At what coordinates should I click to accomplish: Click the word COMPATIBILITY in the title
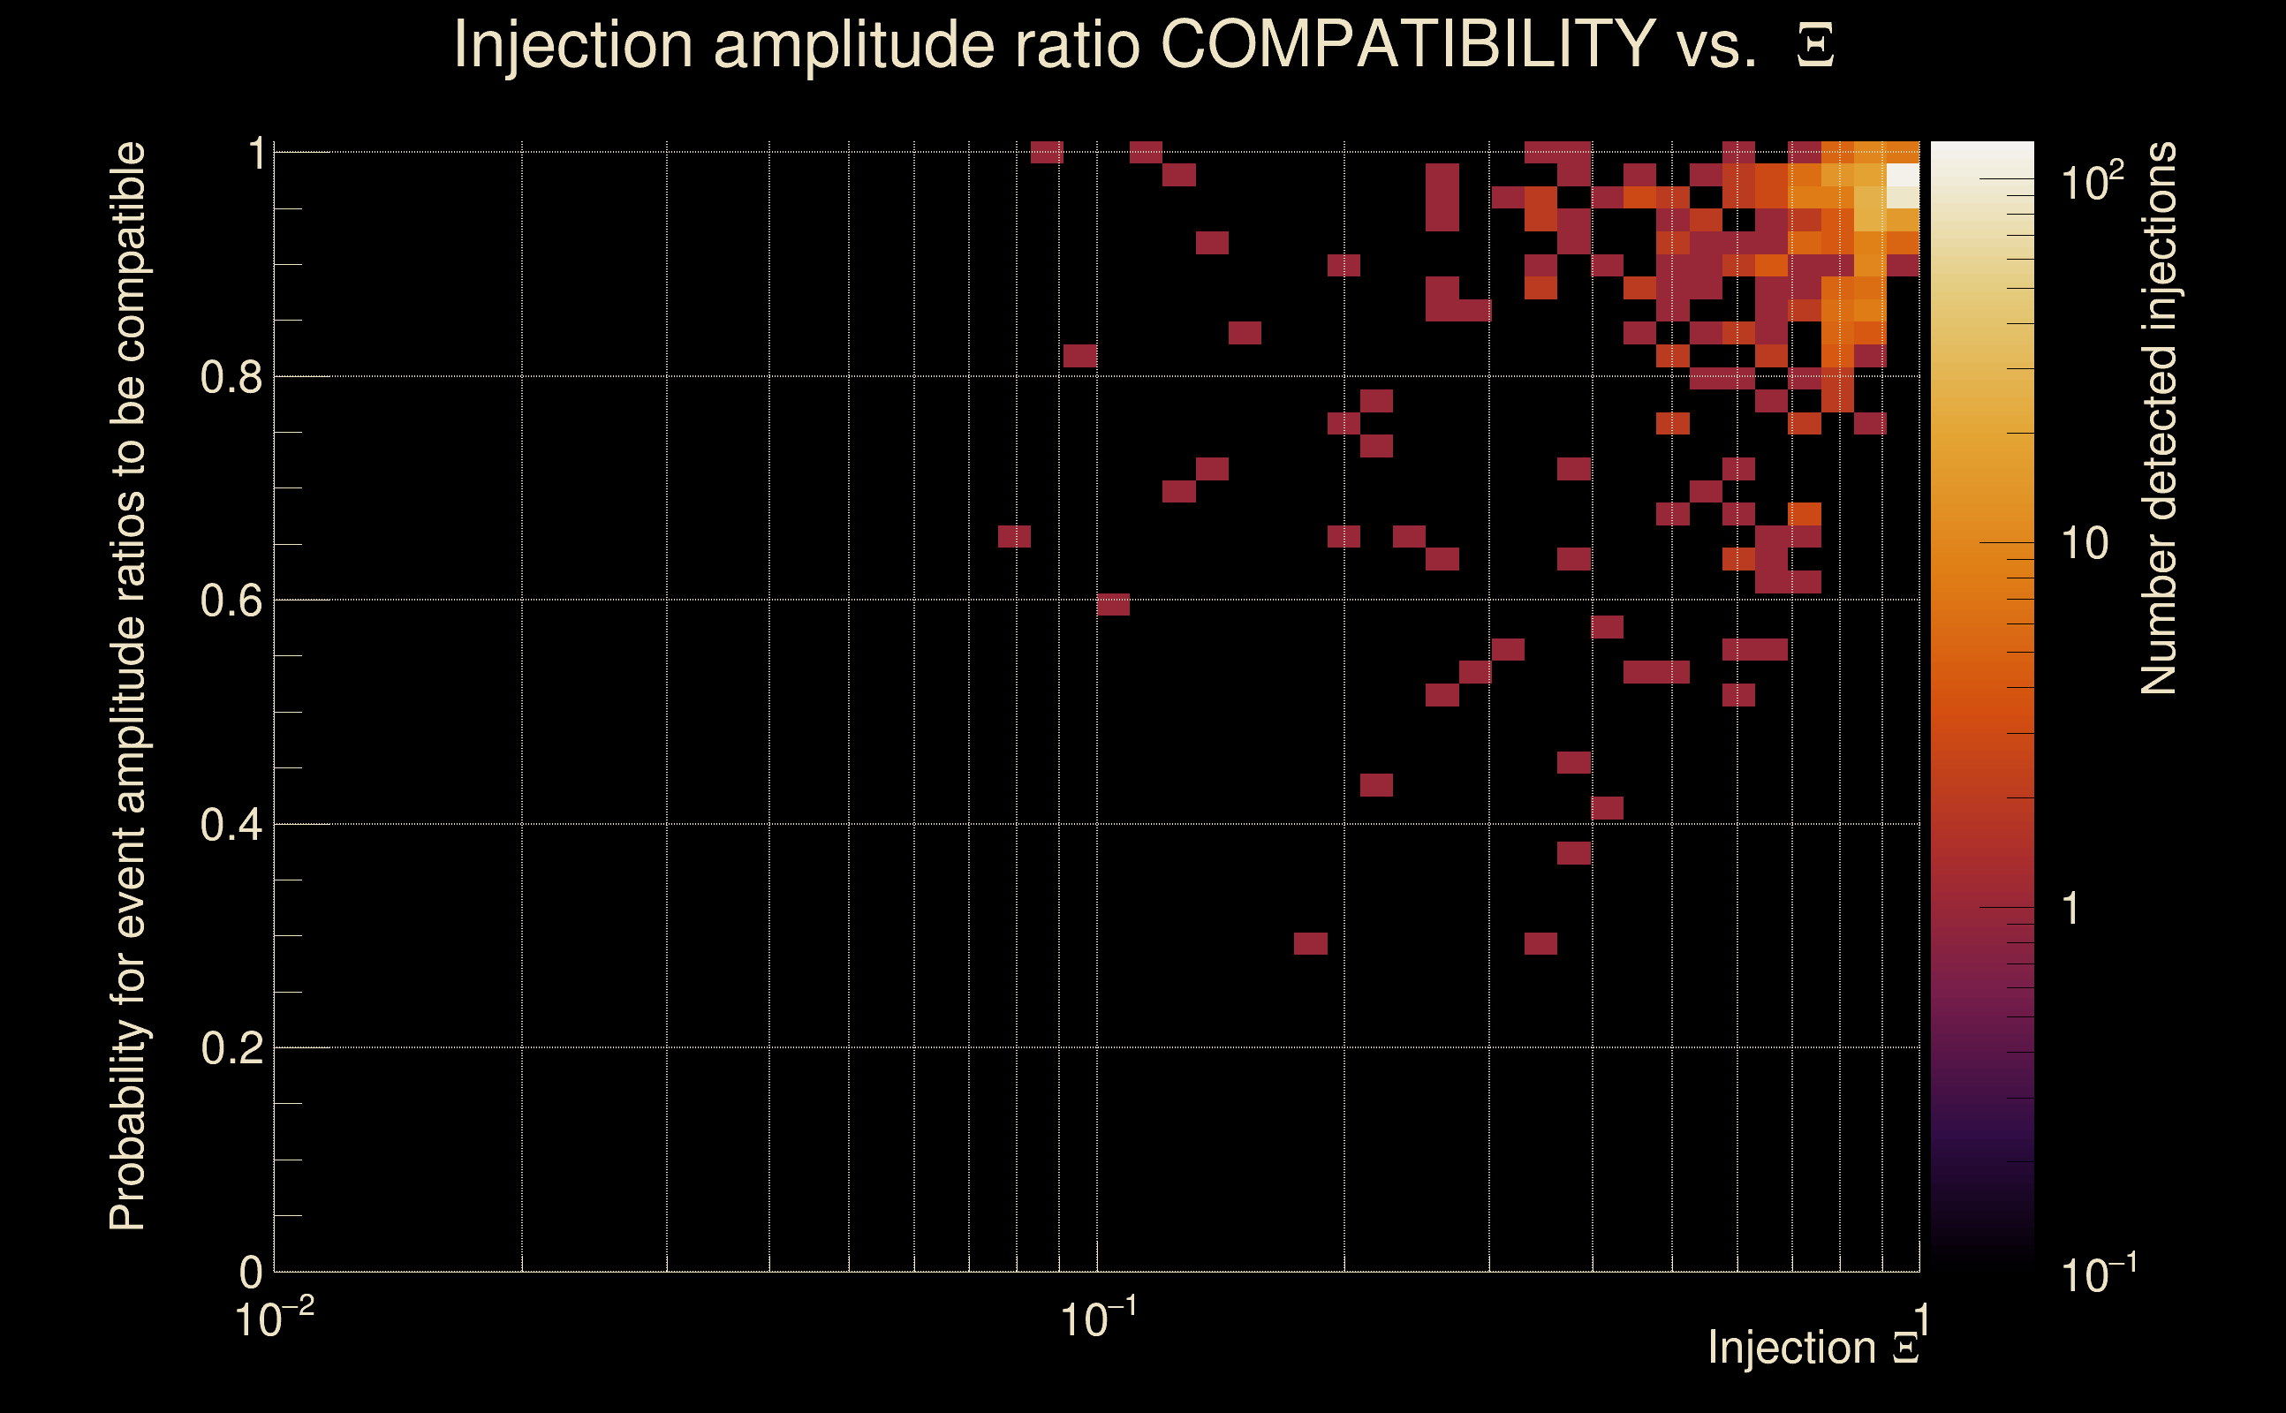coord(1407,44)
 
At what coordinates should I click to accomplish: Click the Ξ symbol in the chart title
coord(1815,46)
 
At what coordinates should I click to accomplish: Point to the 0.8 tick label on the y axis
coord(231,378)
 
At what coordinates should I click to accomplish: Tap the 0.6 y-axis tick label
coord(231,601)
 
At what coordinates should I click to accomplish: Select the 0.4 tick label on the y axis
coord(231,825)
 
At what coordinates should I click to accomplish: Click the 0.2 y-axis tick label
coord(231,1048)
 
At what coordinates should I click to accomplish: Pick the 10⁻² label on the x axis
coord(274,1318)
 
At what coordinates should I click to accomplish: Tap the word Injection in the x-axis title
coord(1791,1348)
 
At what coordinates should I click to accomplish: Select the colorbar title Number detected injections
coord(2158,418)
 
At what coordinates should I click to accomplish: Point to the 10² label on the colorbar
coord(2092,181)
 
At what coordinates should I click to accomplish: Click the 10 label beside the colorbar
coord(2084,543)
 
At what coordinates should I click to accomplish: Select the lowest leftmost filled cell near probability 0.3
coord(1310,944)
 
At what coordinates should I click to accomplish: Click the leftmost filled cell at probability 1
coord(1047,152)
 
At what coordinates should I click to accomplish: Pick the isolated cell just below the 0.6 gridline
coord(1113,605)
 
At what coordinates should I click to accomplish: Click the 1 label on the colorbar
coord(2071,909)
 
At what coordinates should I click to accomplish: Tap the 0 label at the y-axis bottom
coord(251,1272)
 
